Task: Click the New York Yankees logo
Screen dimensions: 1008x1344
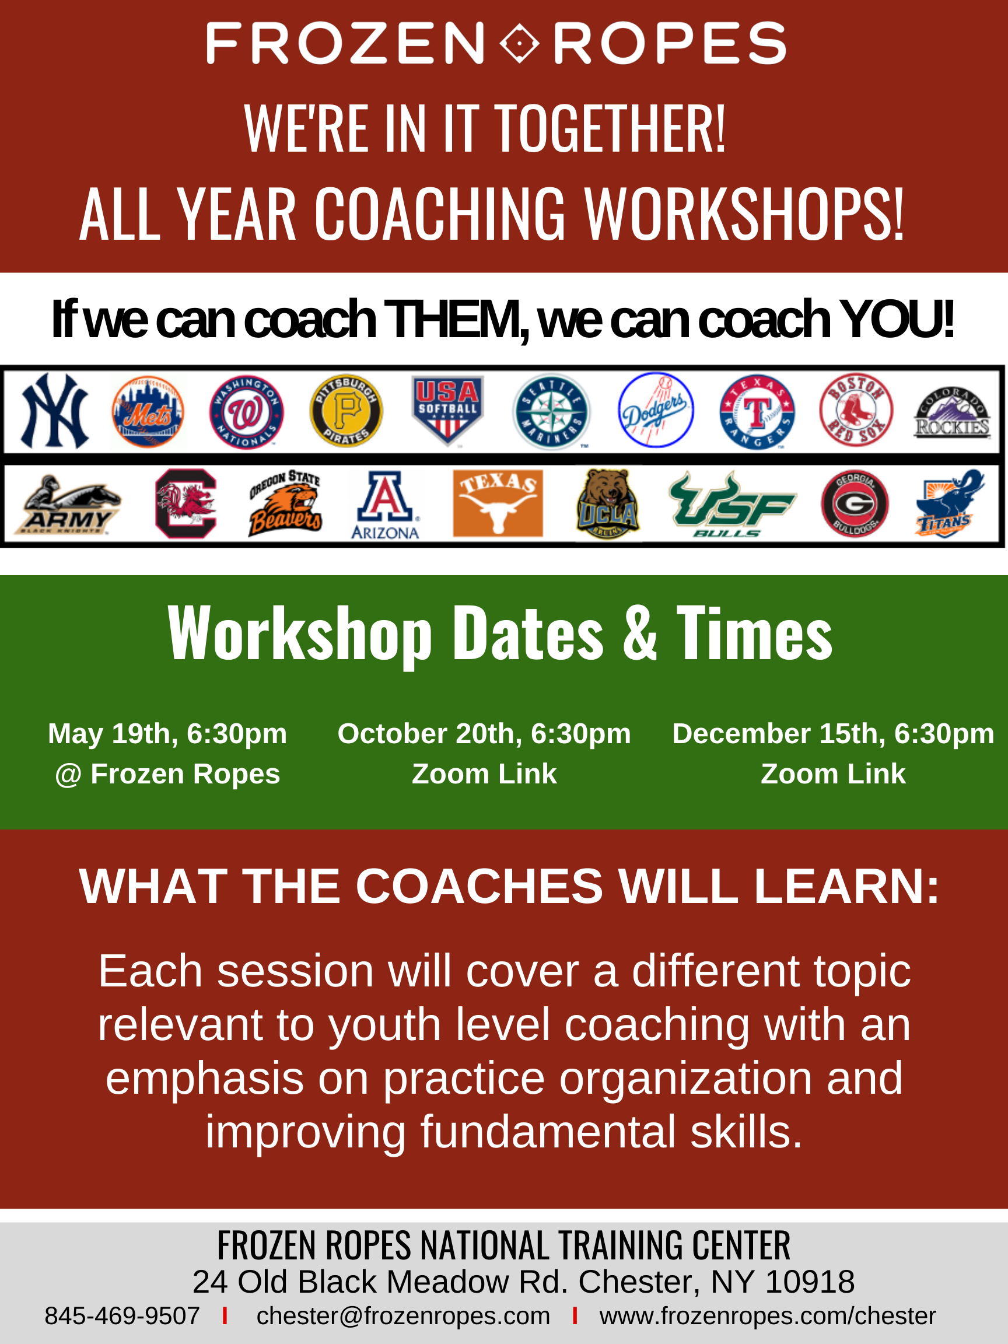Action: (55, 411)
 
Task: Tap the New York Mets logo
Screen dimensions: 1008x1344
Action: (148, 411)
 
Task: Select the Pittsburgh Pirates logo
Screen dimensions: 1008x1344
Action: (346, 411)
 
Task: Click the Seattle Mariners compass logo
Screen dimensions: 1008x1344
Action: (551, 411)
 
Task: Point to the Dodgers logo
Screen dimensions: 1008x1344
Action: (656, 409)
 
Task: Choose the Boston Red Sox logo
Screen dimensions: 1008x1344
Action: (856, 409)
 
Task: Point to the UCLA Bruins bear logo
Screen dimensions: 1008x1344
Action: (608, 503)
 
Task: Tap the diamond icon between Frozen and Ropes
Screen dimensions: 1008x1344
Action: (520, 43)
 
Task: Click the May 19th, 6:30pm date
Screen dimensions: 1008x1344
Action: (167, 733)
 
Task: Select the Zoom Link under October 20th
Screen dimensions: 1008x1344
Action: (484, 773)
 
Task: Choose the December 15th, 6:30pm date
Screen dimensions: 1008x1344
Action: (833, 733)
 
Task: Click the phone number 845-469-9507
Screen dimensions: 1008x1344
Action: (122, 1315)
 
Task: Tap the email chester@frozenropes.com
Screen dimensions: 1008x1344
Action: (404, 1316)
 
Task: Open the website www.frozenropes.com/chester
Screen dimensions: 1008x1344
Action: (768, 1316)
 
